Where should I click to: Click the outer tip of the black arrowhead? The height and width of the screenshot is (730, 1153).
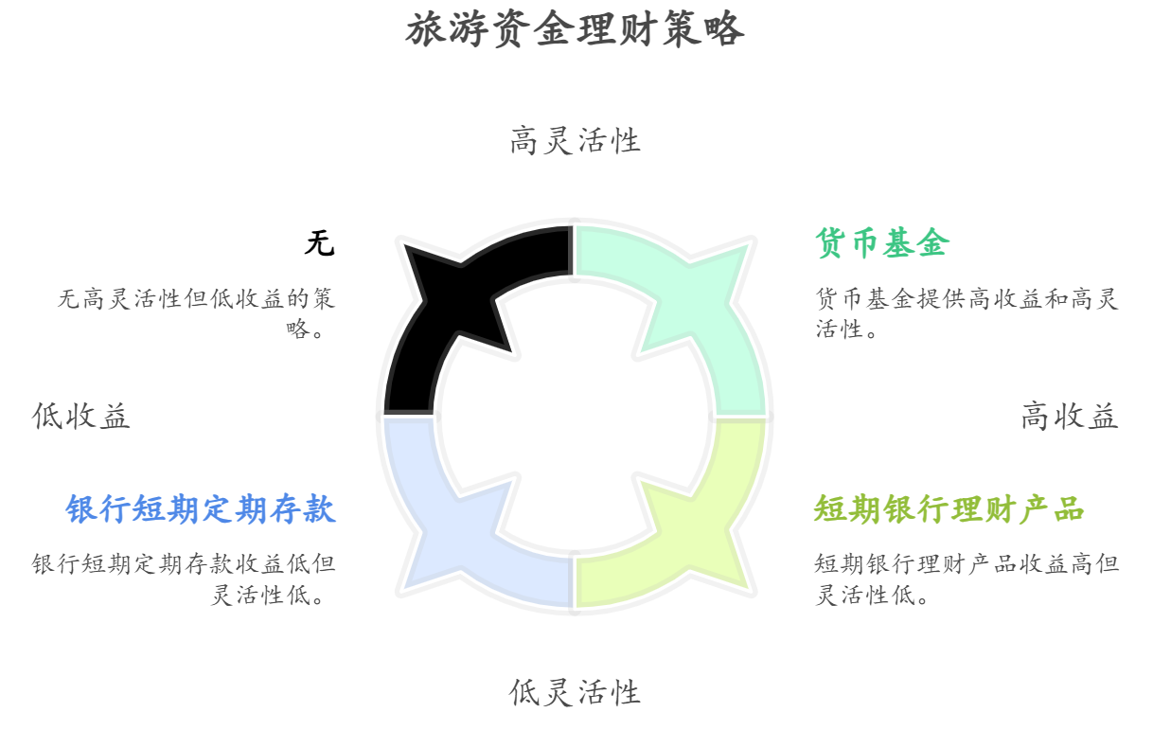point(405,246)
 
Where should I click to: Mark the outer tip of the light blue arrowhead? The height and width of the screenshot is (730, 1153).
point(405,588)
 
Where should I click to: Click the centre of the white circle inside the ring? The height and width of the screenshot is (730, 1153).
point(575,416)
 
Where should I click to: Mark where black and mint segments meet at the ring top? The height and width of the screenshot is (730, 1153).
point(574,251)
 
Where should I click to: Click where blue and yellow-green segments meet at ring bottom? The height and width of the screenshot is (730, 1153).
point(574,582)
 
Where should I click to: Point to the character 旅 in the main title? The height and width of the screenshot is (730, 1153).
point(426,29)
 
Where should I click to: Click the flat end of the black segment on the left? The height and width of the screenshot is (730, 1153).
point(409,412)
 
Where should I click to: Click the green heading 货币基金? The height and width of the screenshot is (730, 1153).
point(882,243)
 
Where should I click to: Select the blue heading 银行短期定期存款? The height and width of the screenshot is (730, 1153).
point(201,509)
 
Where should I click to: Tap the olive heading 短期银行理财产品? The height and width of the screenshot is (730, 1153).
point(949,509)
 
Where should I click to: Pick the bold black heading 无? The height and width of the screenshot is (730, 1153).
point(320,243)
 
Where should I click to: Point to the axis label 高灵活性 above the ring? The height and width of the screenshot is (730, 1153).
point(575,140)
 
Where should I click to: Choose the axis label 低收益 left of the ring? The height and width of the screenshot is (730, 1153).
point(80,416)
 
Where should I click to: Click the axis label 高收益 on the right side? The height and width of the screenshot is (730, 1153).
point(1070,416)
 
